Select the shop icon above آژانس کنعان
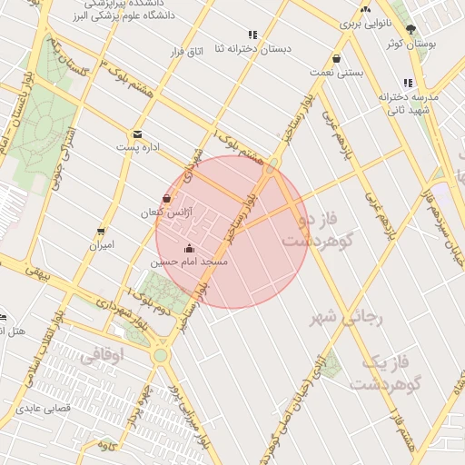(166, 199)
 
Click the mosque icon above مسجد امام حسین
(189, 249)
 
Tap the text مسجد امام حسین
(189, 262)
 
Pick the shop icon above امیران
(101, 232)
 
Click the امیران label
(101, 245)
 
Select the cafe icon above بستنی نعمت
(337, 58)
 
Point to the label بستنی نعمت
(337, 71)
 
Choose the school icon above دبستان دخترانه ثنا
(252, 35)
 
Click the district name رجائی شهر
(348, 318)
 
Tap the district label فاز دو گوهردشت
(316, 231)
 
